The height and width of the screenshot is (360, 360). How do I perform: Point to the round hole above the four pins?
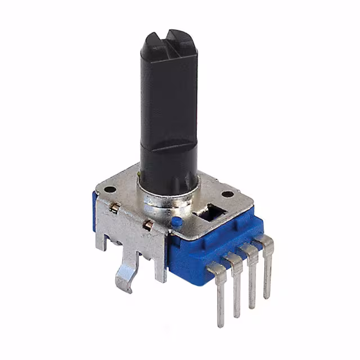pos(227,194)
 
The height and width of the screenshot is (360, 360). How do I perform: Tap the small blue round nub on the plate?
pos(176,222)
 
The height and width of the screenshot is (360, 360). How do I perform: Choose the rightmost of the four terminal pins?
pos(267,264)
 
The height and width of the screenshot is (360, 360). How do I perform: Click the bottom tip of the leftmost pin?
pos(220,323)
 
